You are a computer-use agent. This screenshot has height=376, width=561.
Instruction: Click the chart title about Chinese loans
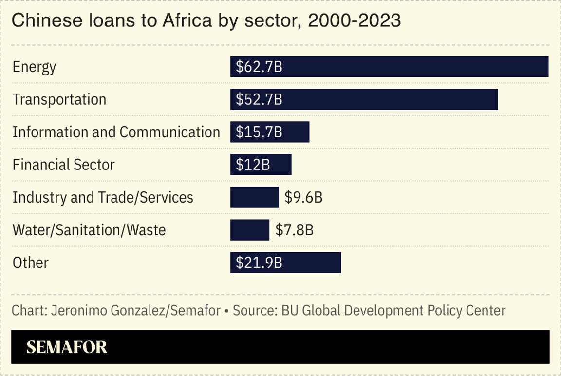tap(206, 21)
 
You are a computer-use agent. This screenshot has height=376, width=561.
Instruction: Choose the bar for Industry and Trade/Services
tap(254, 197)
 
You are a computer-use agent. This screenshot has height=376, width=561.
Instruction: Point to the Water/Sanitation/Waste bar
tap(249, 230)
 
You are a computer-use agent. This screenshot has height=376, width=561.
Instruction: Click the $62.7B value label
tap(259, 67)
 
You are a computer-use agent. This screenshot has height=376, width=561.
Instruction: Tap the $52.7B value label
tap(259, 99)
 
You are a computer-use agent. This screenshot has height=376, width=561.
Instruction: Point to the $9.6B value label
tap(303, 197)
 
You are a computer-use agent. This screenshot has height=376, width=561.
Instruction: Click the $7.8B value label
tap(294, 230)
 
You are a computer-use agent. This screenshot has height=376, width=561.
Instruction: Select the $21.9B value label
tap(259, 263)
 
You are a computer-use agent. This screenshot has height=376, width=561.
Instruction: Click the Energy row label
tap(34, 67)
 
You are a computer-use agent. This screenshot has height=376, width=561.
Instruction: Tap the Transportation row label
tap(59, 99)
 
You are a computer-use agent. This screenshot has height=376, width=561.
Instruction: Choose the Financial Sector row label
tap(63, 165)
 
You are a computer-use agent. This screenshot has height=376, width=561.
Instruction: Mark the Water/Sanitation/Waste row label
tap(89, 230)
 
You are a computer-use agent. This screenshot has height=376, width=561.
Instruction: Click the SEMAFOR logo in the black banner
tap(67, 347)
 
